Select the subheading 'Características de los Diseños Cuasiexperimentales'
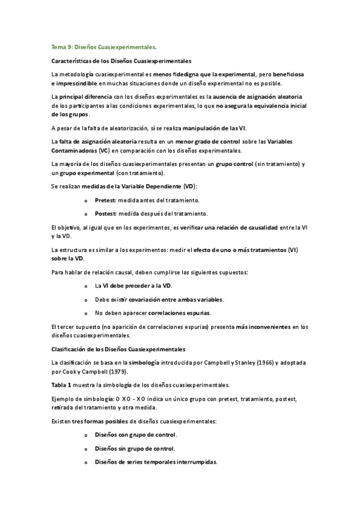click(122, 61)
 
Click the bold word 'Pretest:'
click(106, 200)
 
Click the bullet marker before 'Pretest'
click(87, 200)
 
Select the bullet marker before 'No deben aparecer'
click(87, 313)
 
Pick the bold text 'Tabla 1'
click(62, 384)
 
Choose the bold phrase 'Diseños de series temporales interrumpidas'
click(156, 462)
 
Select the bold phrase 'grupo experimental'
click(91, 173)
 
